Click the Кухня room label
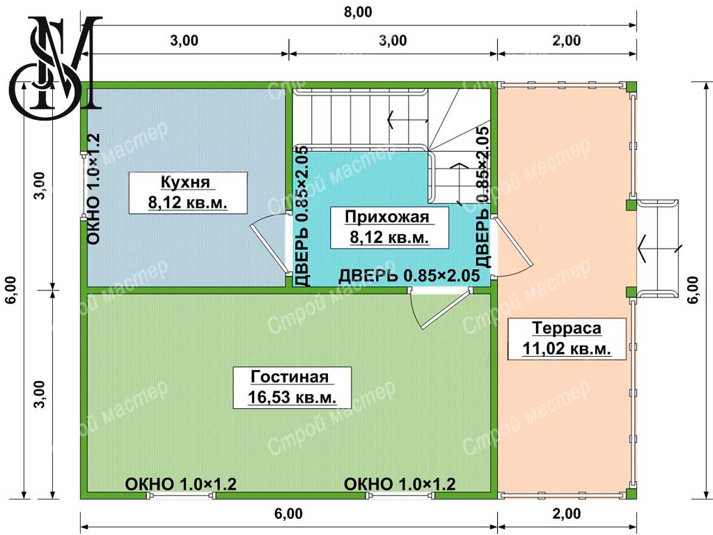185,182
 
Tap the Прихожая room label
387,217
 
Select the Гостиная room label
290,377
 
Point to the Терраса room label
567,327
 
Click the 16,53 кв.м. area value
292,397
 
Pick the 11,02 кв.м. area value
567,348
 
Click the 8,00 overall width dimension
358,12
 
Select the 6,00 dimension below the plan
289,513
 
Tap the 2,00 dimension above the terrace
567,40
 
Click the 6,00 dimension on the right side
693,290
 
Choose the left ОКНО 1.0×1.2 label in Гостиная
181,484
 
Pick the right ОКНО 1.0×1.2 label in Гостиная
400,484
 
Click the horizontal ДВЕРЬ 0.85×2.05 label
409,276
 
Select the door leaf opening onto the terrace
513,242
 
